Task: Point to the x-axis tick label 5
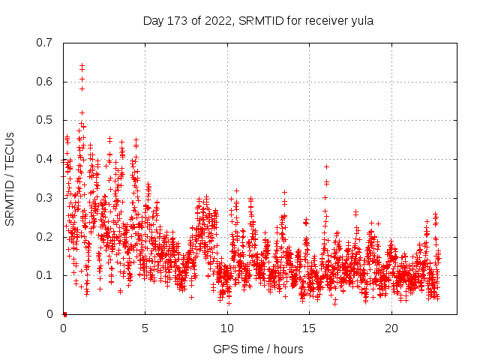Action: point(145,328)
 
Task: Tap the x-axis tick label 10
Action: point(227,328)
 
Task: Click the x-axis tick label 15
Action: point(309,328)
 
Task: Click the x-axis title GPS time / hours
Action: point(257,349)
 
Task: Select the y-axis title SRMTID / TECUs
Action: point(10,178)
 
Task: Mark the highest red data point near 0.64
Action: point(82,66)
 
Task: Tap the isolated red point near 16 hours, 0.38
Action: point(326,166)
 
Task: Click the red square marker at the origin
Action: point(64,314)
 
